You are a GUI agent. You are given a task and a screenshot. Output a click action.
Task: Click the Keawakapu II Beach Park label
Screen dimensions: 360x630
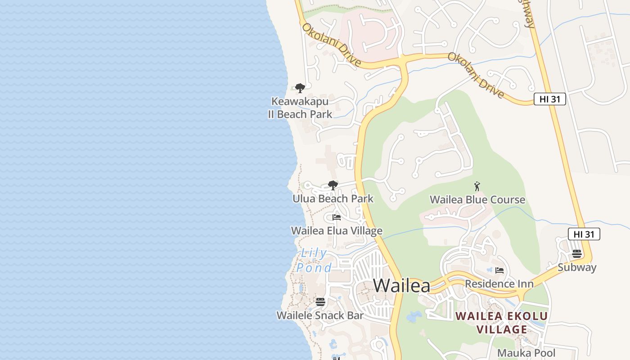click(x=300, y=108)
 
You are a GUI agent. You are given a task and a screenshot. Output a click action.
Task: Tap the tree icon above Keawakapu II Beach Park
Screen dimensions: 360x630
click(x=300, y=88)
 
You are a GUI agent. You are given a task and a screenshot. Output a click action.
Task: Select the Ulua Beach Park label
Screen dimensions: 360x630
click(x=333, y=198)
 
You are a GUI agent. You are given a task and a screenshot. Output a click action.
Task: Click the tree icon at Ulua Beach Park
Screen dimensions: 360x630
click(x=333, y=185)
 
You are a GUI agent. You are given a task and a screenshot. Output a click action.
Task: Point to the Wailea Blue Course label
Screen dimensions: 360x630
click(x=477, y=199)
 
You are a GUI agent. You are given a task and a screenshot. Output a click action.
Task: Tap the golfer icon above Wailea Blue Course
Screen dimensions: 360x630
click(x=477, y=186)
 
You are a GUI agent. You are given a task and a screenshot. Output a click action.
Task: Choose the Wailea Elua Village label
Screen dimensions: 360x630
click(x=337, y=231)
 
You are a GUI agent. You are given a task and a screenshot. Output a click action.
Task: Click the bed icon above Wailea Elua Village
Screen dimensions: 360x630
click(x=336, y=217)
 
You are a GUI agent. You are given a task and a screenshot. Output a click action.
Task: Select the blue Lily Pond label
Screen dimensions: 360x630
click(x=314, y=261)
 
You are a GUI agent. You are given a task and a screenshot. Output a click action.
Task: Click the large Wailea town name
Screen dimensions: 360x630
click(x=401, y=285)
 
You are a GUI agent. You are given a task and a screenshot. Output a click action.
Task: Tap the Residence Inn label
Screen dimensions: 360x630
click(x=499, y=284)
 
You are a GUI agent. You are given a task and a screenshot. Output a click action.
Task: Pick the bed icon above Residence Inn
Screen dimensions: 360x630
click(x=499, y=270)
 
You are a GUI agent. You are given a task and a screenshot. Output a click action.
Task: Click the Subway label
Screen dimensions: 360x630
click(x=577, y=267)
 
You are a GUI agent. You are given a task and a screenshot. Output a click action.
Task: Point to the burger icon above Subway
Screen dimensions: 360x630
click(x=577, y=254)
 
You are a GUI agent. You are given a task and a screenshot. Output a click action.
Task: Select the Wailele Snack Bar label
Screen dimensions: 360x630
click(x=320, y=315)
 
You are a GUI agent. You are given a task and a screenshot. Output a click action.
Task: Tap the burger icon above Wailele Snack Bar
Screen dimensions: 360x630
click(x=320, y=302)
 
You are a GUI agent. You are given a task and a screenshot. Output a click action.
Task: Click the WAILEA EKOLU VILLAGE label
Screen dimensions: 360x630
click(x=501, y=323)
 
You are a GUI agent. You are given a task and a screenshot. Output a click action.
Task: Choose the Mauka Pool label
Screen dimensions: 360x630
click(x=526, y=353)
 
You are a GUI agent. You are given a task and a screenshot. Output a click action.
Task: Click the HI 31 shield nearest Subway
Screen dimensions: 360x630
click(x=584, y=234)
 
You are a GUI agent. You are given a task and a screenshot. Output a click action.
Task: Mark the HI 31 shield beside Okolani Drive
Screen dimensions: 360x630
click(x=549, y=99)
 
